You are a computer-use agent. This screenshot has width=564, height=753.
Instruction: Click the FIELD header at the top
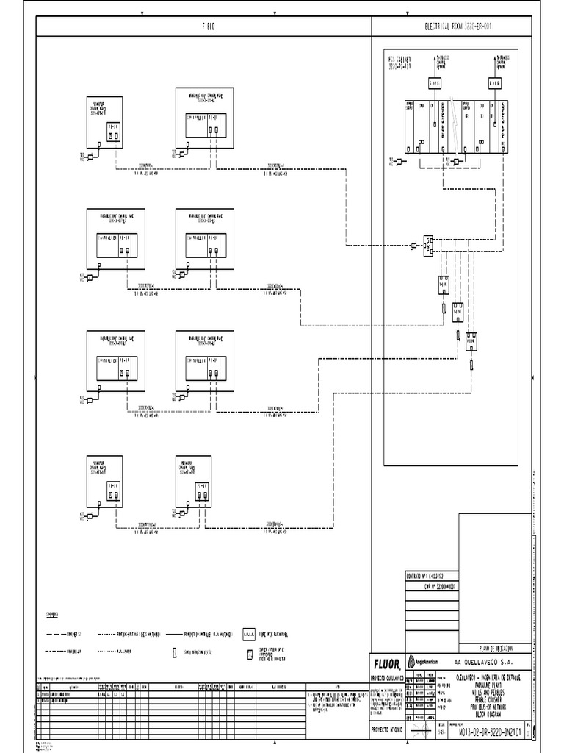pyautogui.click(x=209, y=26)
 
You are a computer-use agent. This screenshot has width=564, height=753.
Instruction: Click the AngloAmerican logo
pyautogui.click(x=422, y=662)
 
